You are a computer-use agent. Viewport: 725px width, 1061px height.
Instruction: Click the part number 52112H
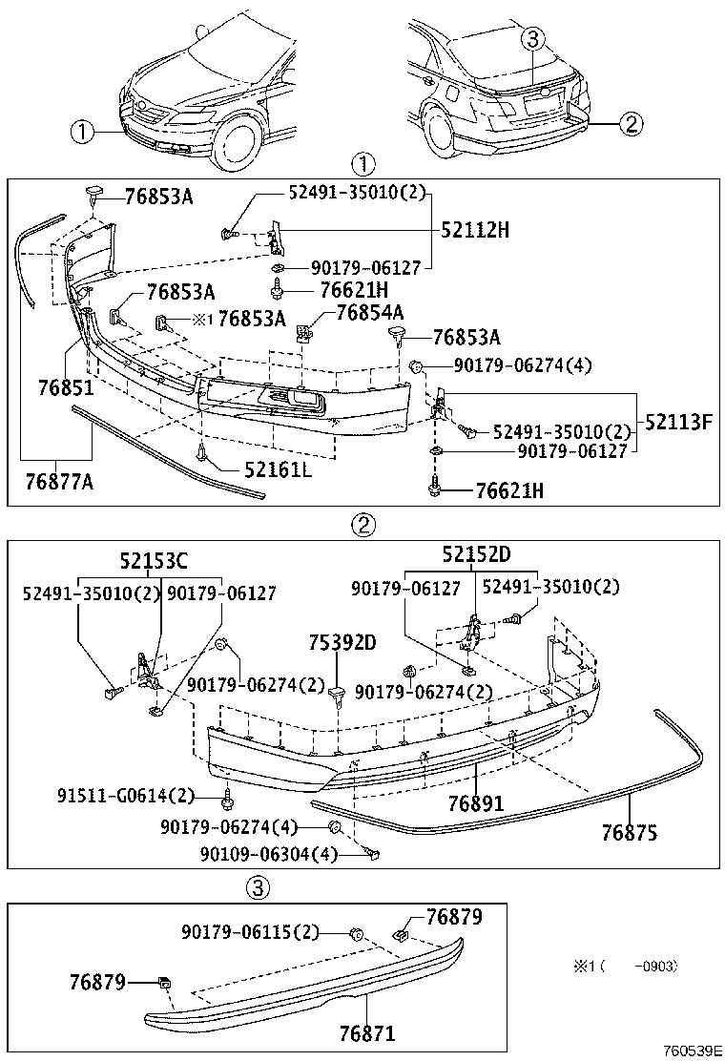coord(475,230)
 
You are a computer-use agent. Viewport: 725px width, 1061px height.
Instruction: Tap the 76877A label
coord(60,483)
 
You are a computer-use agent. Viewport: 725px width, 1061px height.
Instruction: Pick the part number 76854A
coord(369,312)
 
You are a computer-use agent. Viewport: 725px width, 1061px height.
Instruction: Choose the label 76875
coord(629,831)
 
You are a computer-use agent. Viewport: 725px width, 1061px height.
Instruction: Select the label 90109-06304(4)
coord(269,854)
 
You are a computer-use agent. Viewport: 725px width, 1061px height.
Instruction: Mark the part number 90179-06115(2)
coord(251,931)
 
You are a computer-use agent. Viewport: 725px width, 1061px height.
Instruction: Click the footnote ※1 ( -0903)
coord(625,966)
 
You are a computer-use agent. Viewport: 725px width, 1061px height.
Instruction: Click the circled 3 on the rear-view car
coord(532,39)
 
